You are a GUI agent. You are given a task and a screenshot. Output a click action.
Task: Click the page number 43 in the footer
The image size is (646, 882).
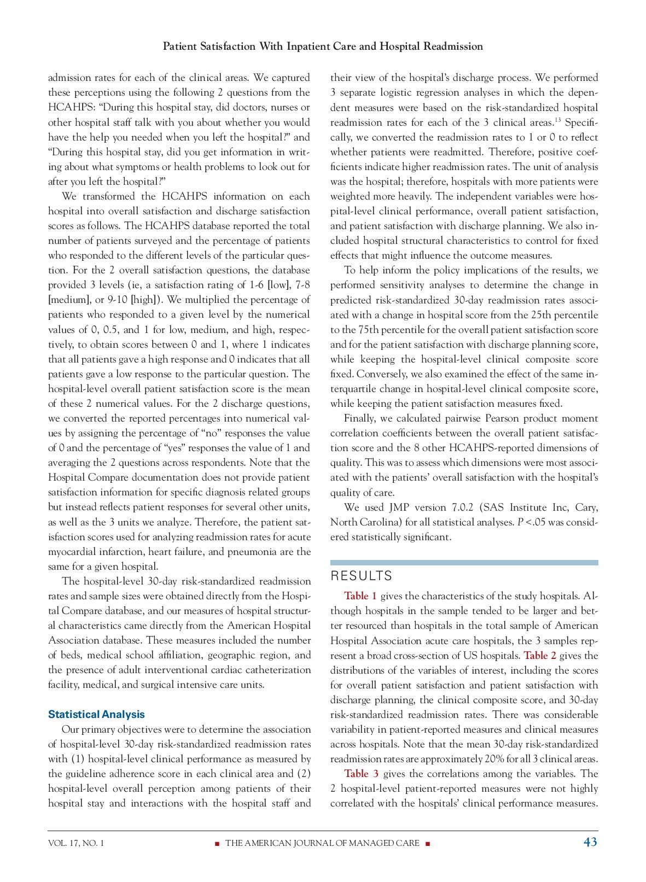click(590, 842)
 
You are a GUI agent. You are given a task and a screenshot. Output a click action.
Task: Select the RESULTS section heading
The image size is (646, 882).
click(362, 576)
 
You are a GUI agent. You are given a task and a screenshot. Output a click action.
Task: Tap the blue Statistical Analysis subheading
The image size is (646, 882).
click(96, 714)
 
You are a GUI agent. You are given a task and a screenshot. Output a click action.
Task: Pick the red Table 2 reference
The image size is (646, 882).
click(539, 655)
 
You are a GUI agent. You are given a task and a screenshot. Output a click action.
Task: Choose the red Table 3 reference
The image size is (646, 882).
click(360, 773)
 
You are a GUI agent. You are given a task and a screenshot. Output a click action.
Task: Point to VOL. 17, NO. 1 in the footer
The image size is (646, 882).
click(75, 843)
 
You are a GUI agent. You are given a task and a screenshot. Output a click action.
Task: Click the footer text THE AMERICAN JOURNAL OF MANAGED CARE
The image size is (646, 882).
click(322, 843)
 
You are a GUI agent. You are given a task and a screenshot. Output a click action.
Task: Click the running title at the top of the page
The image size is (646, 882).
click(323, 46)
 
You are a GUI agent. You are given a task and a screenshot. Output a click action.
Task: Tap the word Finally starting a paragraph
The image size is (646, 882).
click(360, 418)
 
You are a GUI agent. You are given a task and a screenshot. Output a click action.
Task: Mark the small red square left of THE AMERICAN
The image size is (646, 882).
click(217, 843)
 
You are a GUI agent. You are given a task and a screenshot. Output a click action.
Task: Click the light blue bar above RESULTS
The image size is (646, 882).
click(464, 562)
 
